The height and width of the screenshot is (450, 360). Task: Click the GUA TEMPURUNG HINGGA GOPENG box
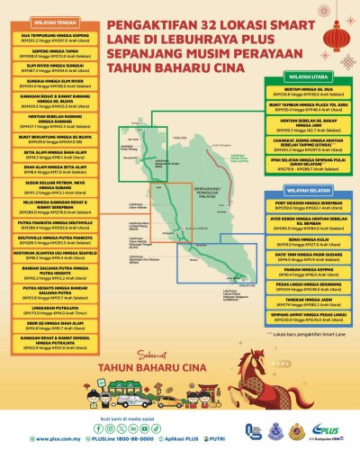coord(51,38)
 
